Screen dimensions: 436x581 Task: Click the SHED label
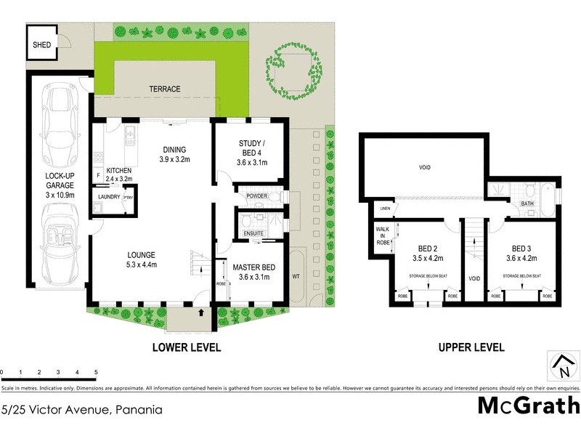[x=41, y=44]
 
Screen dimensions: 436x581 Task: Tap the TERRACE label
[x=165, y=89]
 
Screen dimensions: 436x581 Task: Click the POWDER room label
[x=258, y=196]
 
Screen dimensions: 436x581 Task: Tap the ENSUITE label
[x=254, y=233]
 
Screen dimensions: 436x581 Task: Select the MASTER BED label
[x=253, y=272]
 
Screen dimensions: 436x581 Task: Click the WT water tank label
[x=296, y=276]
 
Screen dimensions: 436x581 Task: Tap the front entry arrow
[x=200, y=313]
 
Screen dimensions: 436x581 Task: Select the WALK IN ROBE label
[x=383, y=235]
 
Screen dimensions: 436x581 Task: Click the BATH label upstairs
[x=528, y=203]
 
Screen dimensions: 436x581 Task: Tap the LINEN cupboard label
[x=383, y=209]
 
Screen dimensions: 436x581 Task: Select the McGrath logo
[x=528, y=405]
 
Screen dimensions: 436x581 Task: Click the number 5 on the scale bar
[x=96, y=371]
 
